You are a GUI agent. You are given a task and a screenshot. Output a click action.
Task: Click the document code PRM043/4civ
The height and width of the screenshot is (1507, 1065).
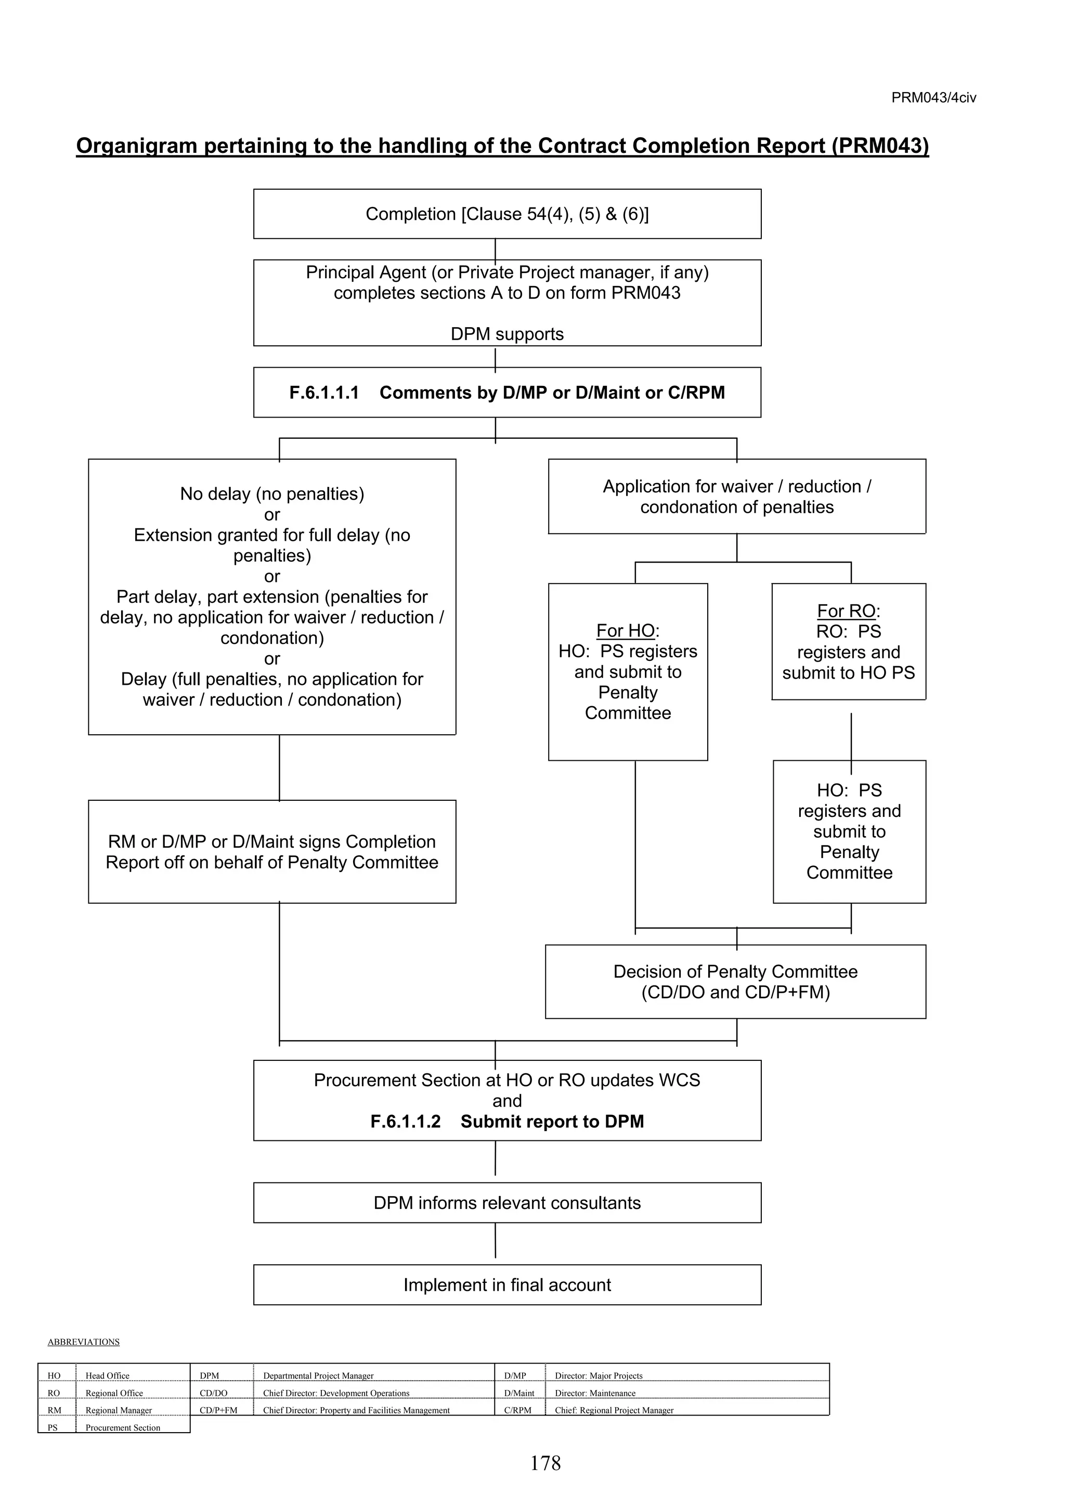click(x=933, y=98)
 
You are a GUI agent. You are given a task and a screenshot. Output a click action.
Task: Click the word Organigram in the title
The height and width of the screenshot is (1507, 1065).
click(x=136, y=146)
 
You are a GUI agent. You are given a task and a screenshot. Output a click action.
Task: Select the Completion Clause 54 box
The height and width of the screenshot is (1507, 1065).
click(x=506, y=214)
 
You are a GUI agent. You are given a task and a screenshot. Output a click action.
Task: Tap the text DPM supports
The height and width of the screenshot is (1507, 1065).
click(x=506, y=334)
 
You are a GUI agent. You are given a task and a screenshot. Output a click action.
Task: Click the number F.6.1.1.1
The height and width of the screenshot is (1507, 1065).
click(x=324, y=393)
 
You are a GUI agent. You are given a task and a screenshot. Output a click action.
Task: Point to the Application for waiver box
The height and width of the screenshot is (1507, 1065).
click(x=736, y=496)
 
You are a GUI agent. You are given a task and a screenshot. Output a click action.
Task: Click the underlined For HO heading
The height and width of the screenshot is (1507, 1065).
click(x=626, y=631)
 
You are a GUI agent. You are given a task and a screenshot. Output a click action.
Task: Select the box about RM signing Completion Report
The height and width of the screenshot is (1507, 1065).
click(x=271, y=851)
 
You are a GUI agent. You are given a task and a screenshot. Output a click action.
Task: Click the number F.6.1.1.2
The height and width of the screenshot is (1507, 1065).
click(x=406, y=1121)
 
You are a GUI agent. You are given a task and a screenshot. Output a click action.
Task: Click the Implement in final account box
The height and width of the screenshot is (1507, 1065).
click(x=506, y=1284)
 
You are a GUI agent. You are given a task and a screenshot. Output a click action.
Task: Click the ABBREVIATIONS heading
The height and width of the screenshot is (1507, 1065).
click(x=83, y=1342)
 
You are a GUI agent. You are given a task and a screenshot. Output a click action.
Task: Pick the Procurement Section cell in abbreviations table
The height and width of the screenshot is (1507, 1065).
click(x=123, y=1427)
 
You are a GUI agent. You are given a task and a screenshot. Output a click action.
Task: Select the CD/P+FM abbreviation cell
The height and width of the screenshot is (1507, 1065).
click(x=218, y=1410)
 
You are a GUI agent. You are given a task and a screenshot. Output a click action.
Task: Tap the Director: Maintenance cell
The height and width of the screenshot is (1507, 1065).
click(x=595, y=1393)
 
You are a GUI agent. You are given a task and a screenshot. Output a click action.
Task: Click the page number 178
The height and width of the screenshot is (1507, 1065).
click(x=546, y=1463)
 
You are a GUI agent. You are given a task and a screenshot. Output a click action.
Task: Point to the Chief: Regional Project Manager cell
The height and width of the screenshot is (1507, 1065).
click(x=614, y=1410)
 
